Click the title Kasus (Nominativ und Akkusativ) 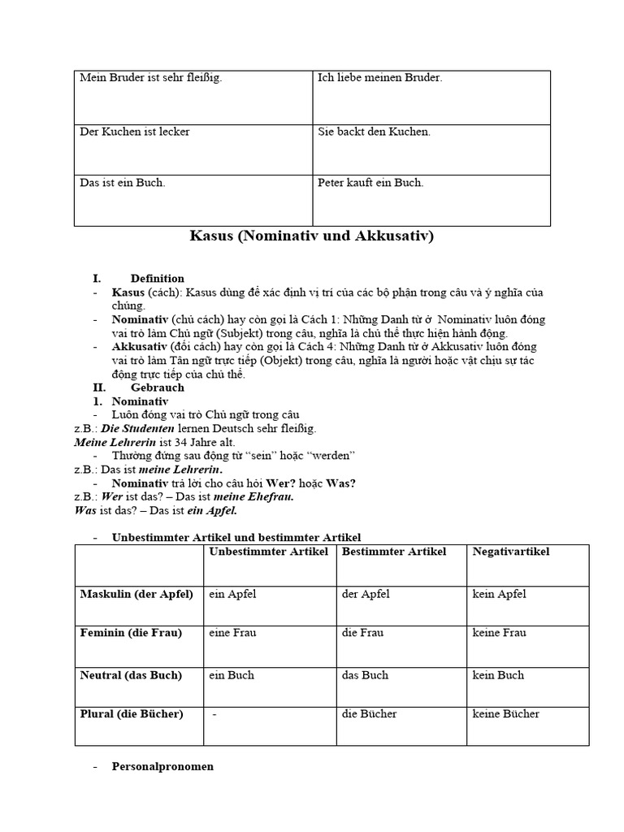point(312,236)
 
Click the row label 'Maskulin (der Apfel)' point(136,594)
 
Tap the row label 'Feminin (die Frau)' point(131,632)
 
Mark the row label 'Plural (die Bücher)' point(132,713)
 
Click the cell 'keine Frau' point(499,632)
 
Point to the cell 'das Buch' point(365,675)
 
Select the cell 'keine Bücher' point(505,713)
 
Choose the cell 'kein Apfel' point(499,594)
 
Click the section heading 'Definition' point(157,279)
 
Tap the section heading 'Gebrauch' point(157,388)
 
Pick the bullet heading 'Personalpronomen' point(162,766)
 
